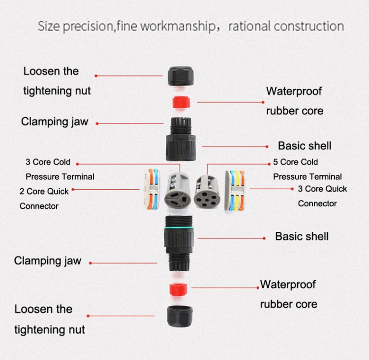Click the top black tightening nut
coord(180,75)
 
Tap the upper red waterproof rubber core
coord(180,102)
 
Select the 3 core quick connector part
coord(235,190)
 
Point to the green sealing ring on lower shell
coord(180,228)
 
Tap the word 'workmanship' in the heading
coord(173,26)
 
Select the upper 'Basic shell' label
coord(305,146)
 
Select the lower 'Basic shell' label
coord(302,236)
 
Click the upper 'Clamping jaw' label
coord(54,122)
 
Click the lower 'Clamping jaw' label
coord(47,261)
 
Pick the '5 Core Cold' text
coord(295,162)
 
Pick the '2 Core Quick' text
coord(44,192)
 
